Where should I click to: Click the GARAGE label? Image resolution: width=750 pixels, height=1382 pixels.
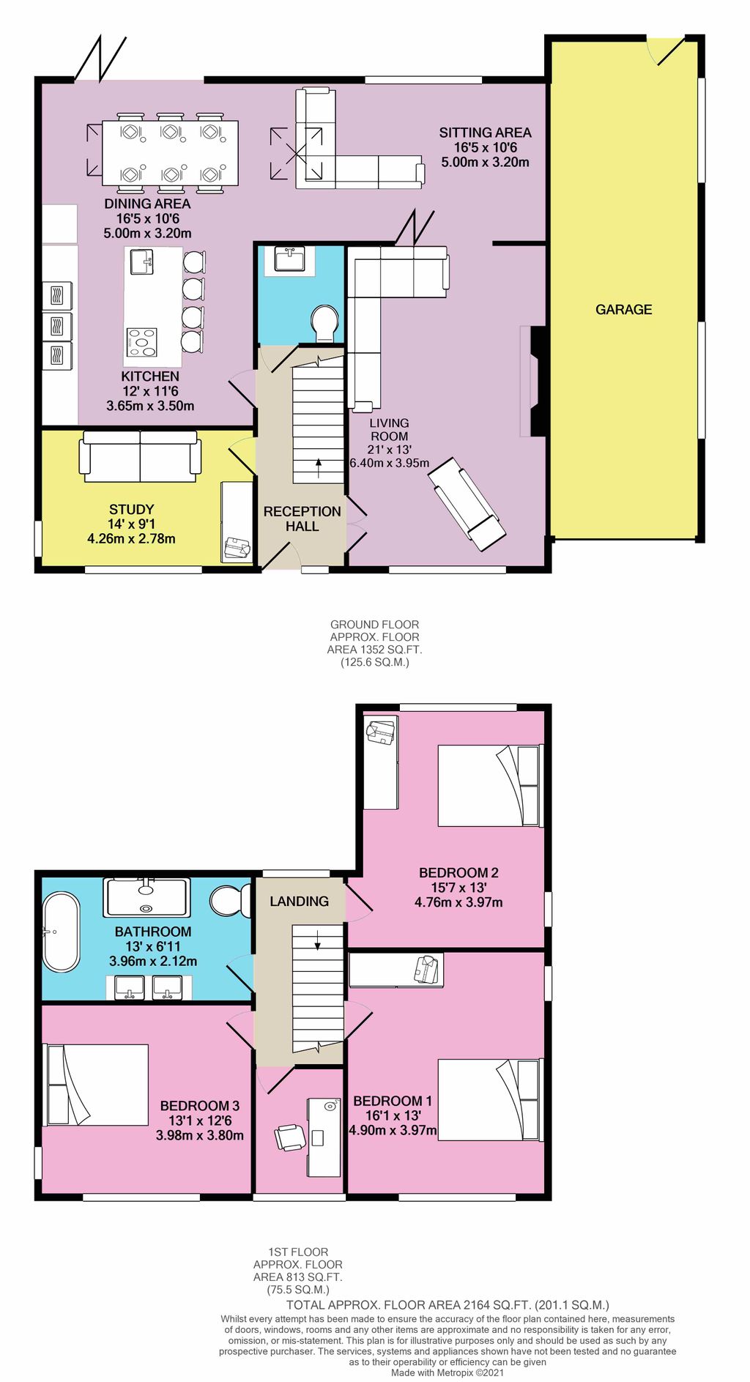623,310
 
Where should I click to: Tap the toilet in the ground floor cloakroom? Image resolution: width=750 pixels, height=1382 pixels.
324,323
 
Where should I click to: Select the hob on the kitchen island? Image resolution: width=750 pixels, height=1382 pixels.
141,342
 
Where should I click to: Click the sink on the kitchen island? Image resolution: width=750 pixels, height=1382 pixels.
141,261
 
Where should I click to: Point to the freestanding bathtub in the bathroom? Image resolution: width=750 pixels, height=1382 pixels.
60,932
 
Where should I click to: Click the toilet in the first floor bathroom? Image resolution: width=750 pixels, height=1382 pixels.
230,900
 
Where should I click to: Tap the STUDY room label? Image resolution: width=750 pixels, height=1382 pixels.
131,510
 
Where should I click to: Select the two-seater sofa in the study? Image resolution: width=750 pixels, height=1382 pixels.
140,456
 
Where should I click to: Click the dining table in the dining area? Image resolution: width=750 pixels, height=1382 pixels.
170,153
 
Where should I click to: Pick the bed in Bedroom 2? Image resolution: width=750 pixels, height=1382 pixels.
490,786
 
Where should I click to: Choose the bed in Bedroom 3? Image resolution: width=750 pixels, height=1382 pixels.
97,1085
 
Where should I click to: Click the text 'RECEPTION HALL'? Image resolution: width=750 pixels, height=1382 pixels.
302,519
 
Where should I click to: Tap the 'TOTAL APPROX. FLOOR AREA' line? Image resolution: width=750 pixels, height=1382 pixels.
448,1304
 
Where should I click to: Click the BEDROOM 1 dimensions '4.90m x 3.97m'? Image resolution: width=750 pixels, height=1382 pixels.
393,1130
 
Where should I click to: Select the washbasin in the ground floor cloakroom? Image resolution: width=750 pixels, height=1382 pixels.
289,259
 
